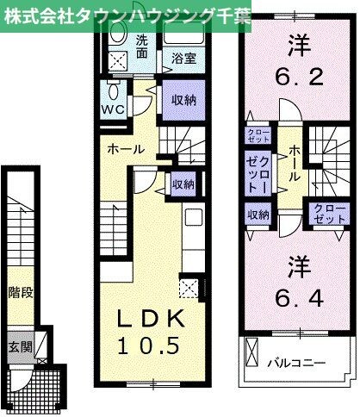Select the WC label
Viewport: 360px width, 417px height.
pos(115,111)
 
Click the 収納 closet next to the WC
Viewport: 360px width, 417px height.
pos(182,100)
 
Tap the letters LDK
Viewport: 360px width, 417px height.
pos(152,319)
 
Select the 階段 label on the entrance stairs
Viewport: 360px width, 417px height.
pos(21,292)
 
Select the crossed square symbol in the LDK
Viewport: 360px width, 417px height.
pos(189,286)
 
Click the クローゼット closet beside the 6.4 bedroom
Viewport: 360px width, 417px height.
pos(326,212)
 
